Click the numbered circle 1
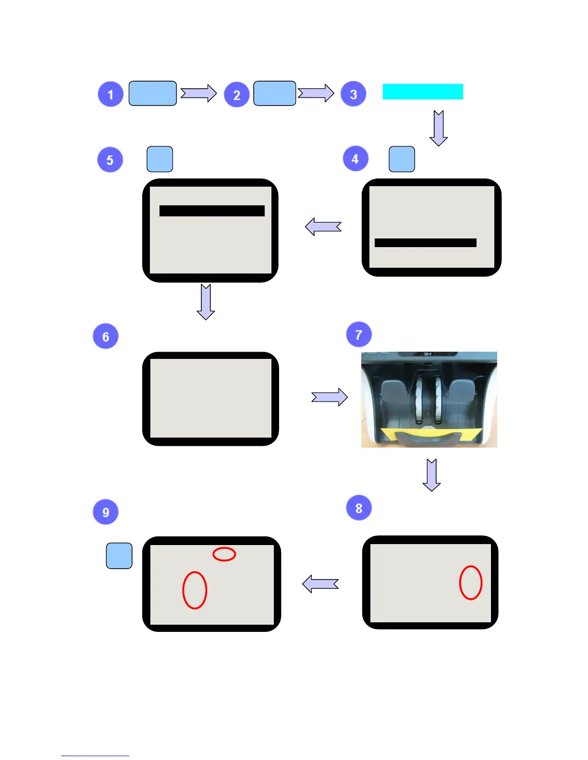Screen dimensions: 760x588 click(110, 94)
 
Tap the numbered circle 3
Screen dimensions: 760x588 click(353, 94)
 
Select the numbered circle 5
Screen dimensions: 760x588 click(110, 160)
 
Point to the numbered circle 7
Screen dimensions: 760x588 click(359, 334)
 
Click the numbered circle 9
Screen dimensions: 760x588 click(106, 512)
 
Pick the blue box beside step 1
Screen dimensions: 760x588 click(152, 93)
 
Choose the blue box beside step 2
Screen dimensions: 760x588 click(274, 93)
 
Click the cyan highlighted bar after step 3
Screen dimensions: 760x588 click(423, 92)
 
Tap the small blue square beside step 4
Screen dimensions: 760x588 click(402, 159)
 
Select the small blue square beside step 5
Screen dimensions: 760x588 click(159, 159)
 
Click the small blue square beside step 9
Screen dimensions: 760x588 click(119, 556)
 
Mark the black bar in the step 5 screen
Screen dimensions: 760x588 click(212, 211)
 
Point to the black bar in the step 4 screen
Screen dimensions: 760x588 click(425, 243)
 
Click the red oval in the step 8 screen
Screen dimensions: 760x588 click(471, 582)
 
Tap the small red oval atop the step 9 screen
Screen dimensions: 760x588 click(224, 554)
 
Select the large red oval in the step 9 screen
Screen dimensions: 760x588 click(195, 590)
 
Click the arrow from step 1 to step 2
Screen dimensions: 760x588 click(198, 93)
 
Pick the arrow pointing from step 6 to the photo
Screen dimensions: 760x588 click(330, 397)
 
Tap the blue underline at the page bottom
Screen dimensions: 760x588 click(95, 756)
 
